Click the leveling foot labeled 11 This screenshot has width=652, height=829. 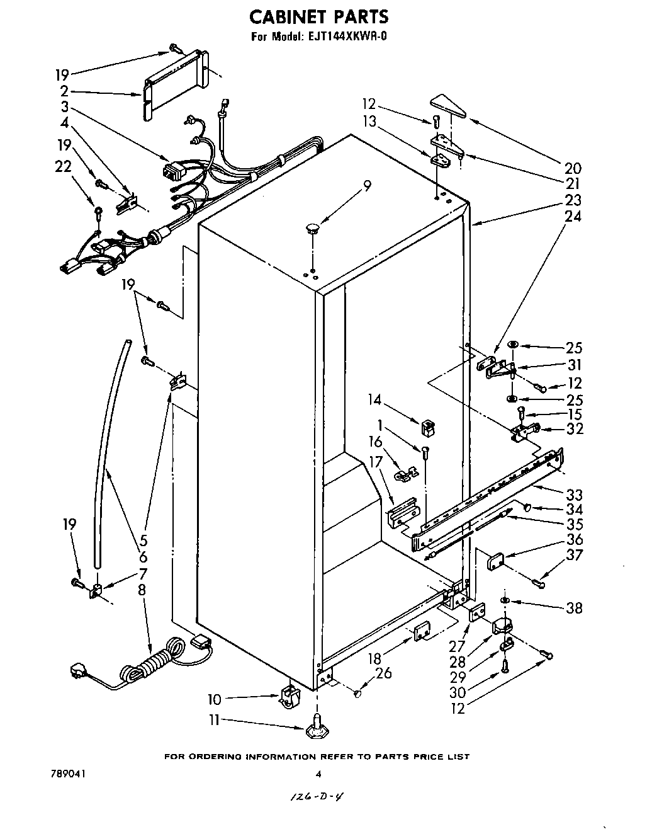(315, 731)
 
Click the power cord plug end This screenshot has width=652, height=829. (82, 670)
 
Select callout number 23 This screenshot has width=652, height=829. (573, 200)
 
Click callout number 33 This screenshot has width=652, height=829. (573, 495)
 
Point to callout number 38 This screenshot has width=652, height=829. (573, 608)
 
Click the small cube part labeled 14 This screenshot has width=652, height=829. (429, 427)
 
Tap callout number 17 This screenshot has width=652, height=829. (376, 462)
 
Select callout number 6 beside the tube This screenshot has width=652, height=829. (143, 557)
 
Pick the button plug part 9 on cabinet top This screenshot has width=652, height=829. (313, 227)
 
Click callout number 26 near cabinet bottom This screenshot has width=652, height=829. (383, 673)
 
